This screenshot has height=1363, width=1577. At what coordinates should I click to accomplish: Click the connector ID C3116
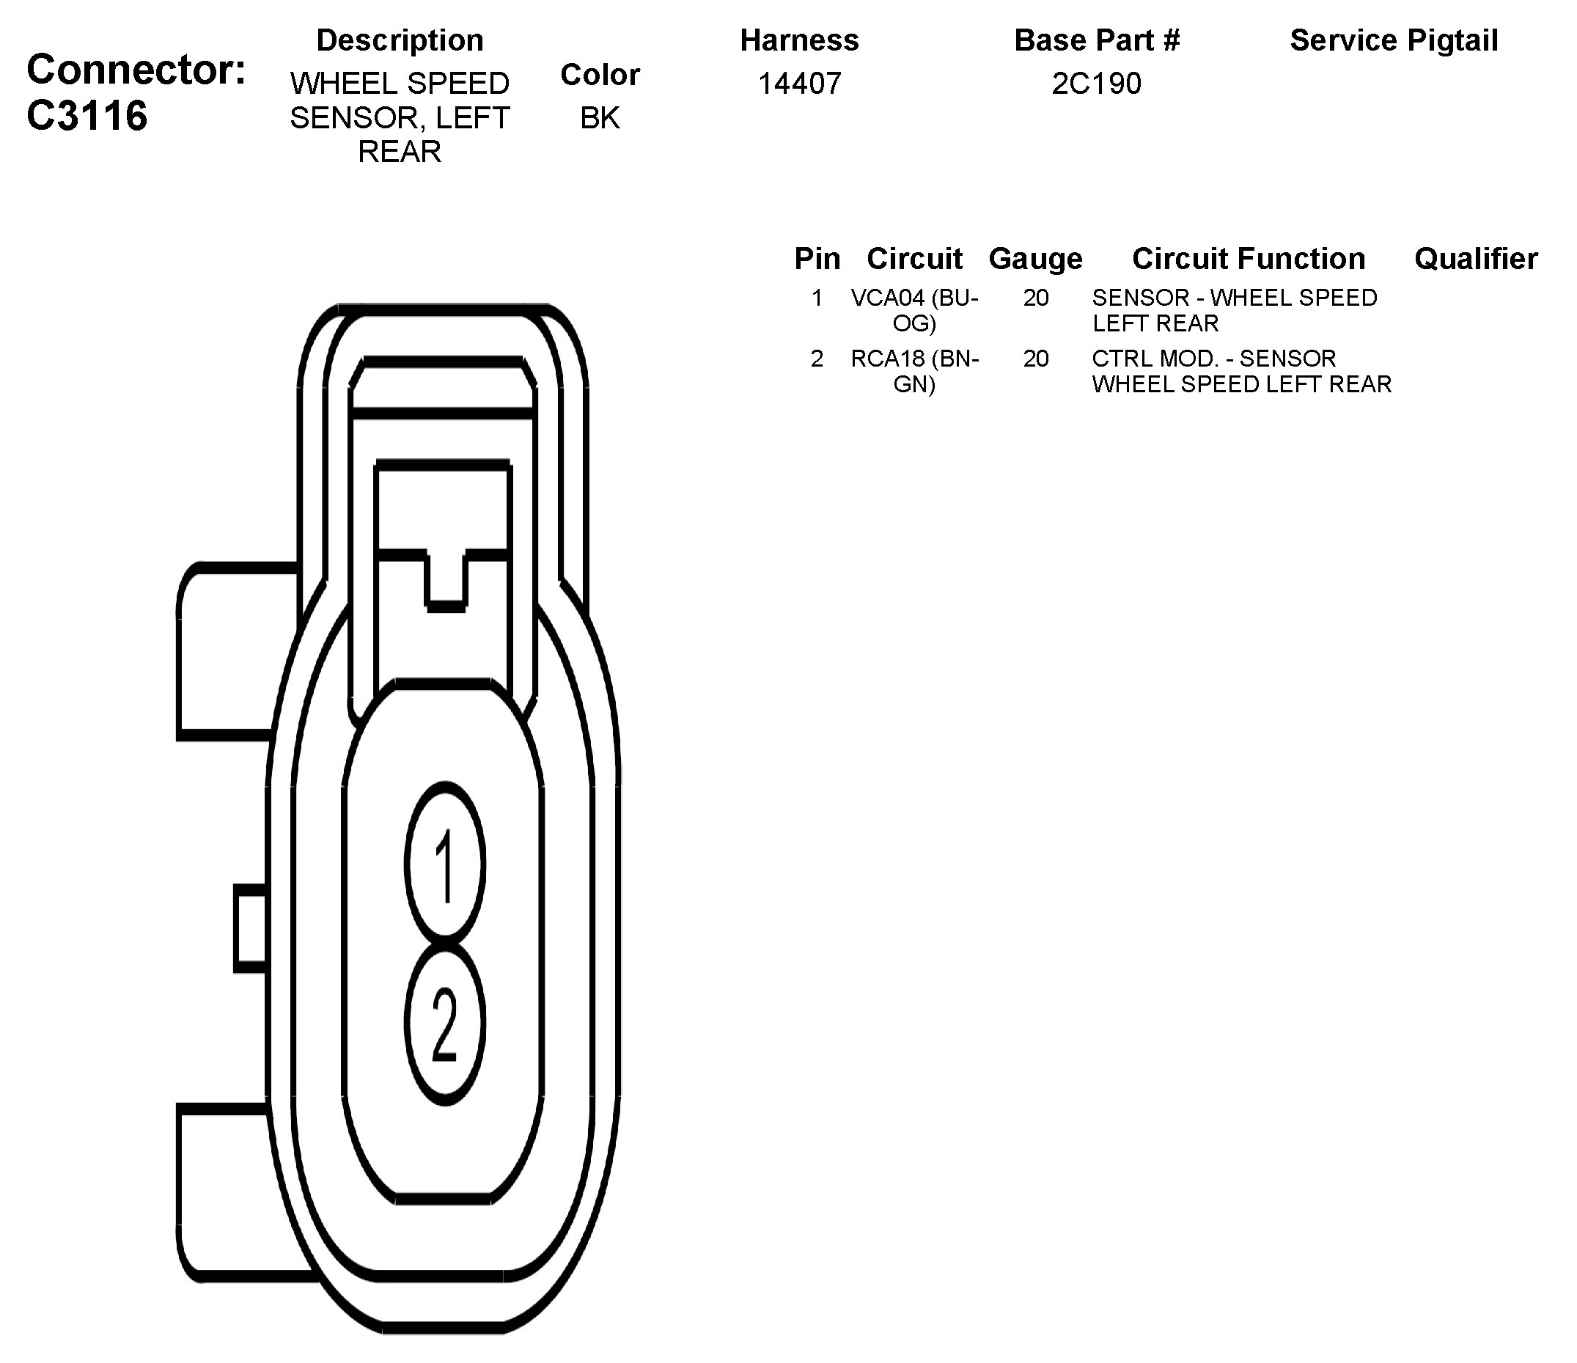(x=87, y=116)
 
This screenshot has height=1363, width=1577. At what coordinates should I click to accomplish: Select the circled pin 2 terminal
(x=445, y=1024)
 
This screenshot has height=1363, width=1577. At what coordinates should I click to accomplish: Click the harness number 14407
(x=799, y=84)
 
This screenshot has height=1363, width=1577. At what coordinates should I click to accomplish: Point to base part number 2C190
(x=1096, y=84)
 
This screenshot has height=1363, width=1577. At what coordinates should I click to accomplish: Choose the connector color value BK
(x=600, y=118)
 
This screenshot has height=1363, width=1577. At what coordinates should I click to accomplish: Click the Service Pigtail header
(x=1394, y=40)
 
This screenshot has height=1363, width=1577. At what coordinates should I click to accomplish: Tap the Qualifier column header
(x=1475, y=259)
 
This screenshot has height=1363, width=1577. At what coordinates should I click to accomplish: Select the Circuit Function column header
(x=1249, y=259)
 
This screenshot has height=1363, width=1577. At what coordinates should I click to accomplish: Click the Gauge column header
(x=1035, y=259)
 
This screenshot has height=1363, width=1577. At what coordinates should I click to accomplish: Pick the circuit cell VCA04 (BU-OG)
(x=914, y=309)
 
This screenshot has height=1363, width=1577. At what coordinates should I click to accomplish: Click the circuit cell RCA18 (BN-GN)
(x=914, y=370)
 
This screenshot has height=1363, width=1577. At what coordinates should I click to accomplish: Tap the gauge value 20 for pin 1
(x=1036, y=298)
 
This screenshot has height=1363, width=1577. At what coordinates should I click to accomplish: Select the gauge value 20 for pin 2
(x=1036, y=359)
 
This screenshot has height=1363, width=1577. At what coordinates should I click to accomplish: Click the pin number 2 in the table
(x=817, y=359)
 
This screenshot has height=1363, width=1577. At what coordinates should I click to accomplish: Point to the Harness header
(x=799, y=40)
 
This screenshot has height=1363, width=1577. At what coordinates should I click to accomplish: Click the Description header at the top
(x=400, y=40)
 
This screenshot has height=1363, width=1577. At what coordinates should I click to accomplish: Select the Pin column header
(x=817, y=259)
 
